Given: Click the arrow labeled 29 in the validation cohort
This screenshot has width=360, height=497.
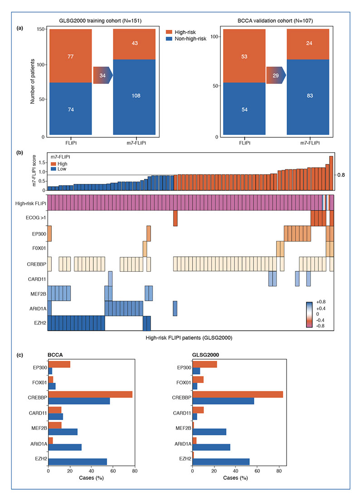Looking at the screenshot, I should pos(276,75).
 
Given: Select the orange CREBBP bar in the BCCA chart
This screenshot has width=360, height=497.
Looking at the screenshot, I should pos(90,395).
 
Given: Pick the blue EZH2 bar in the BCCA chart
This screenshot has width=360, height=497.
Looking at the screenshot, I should pos(78,462).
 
